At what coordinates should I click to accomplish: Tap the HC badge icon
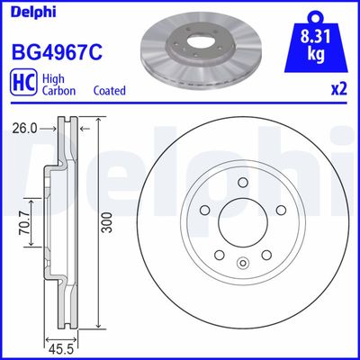(21, 85)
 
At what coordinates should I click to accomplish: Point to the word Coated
(110, 91)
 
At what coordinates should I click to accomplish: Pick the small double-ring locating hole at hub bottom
(242, 264)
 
